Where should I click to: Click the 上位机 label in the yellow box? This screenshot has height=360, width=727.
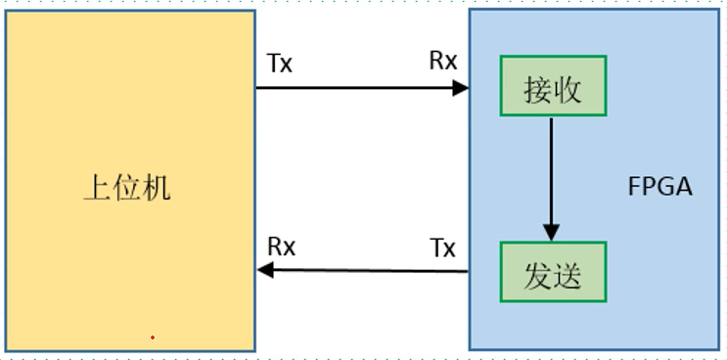pyautogui.click(x=127, y=186)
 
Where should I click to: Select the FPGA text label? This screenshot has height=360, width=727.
pyautogui.click(x=659, y=186)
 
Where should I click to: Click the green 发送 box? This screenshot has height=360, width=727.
pyautogui.click(x=553, y=273)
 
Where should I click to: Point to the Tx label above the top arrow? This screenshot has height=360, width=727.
pyautogui.click(x=280, y=64)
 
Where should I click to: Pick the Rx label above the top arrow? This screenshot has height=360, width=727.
pyautogui.click(x=443, y=61)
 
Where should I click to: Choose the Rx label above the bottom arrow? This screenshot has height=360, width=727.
pyautogui.click(x=282, y=247)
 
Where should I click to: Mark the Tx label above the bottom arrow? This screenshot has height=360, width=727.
pyautogui.click(x=443, y=247)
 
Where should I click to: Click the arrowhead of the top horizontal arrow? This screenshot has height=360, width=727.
pyautogui.click(x=461, y=88)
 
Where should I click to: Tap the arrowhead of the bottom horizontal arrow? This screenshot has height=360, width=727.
pyautogui.click(x=265, y=271)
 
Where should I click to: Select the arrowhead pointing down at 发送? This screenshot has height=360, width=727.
pyautogui.click(x=551, y=233)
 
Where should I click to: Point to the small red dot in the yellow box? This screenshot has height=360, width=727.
pyautogui.click(x=153, y=337)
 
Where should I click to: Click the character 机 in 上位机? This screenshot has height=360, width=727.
pyautogui.click(x=157, y=186)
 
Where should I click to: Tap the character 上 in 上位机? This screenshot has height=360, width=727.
pyautogui.click(x=97, y=186)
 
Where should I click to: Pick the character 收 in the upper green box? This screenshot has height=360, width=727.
pyautogui.click(x=568, y=89)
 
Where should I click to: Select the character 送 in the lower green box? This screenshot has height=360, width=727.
pyautogui.click(x=568, y=274)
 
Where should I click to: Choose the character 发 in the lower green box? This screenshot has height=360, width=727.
pyautogui.click(x=537, y=274)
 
